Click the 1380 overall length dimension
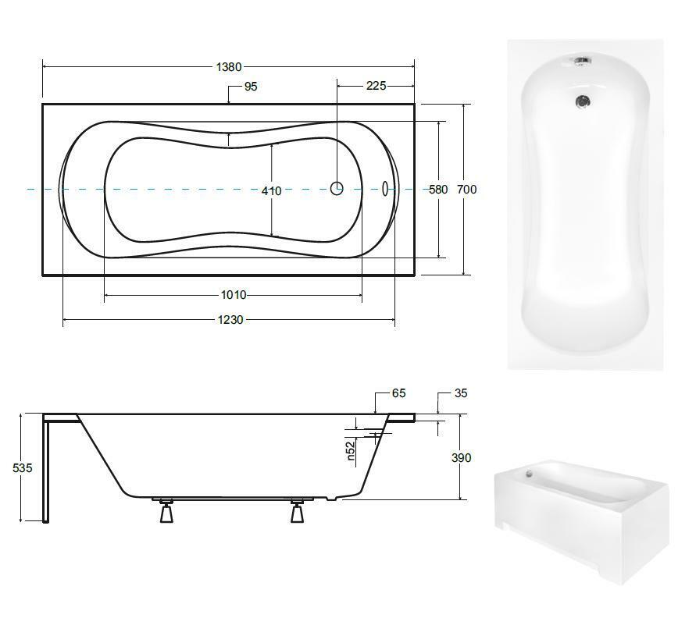[229, 67]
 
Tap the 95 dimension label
[251, 87]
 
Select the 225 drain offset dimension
[376, 86]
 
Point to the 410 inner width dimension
[271, 191]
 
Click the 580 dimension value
[438, 190]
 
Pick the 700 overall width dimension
[467, 190]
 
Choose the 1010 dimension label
[234, 295]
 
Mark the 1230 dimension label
[230, 320]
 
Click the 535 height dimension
[22, 467]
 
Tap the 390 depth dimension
[461, 457]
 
